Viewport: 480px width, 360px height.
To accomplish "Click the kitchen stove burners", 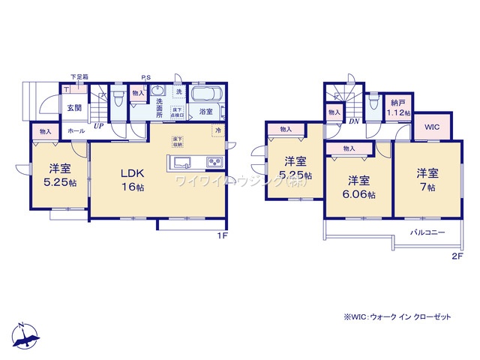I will pyautogui.click(x=212, y=163).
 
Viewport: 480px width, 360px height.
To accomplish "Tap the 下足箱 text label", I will pyautogui.click(x=79, y=76).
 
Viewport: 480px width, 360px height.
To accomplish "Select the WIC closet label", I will pyautogui.click(x=432, y=127).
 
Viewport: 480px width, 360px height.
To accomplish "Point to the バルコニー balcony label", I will pyautogui.click(x=427, y=232).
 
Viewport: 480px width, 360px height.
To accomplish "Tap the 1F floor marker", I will pyautogui.click(x=222, y=235).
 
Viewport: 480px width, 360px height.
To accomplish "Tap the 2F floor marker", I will pyautogui.click(x=457, y=256).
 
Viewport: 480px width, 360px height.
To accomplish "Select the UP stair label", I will pyautogui.click(x=98, y=127).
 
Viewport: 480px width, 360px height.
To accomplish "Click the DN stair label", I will pyautogui.click(x=352, y=121).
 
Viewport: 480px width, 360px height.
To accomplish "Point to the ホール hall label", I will pyautogui.click(x=76, y=130).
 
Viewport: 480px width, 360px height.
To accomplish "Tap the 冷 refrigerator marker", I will pyautogui.click(x=217, y=130).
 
